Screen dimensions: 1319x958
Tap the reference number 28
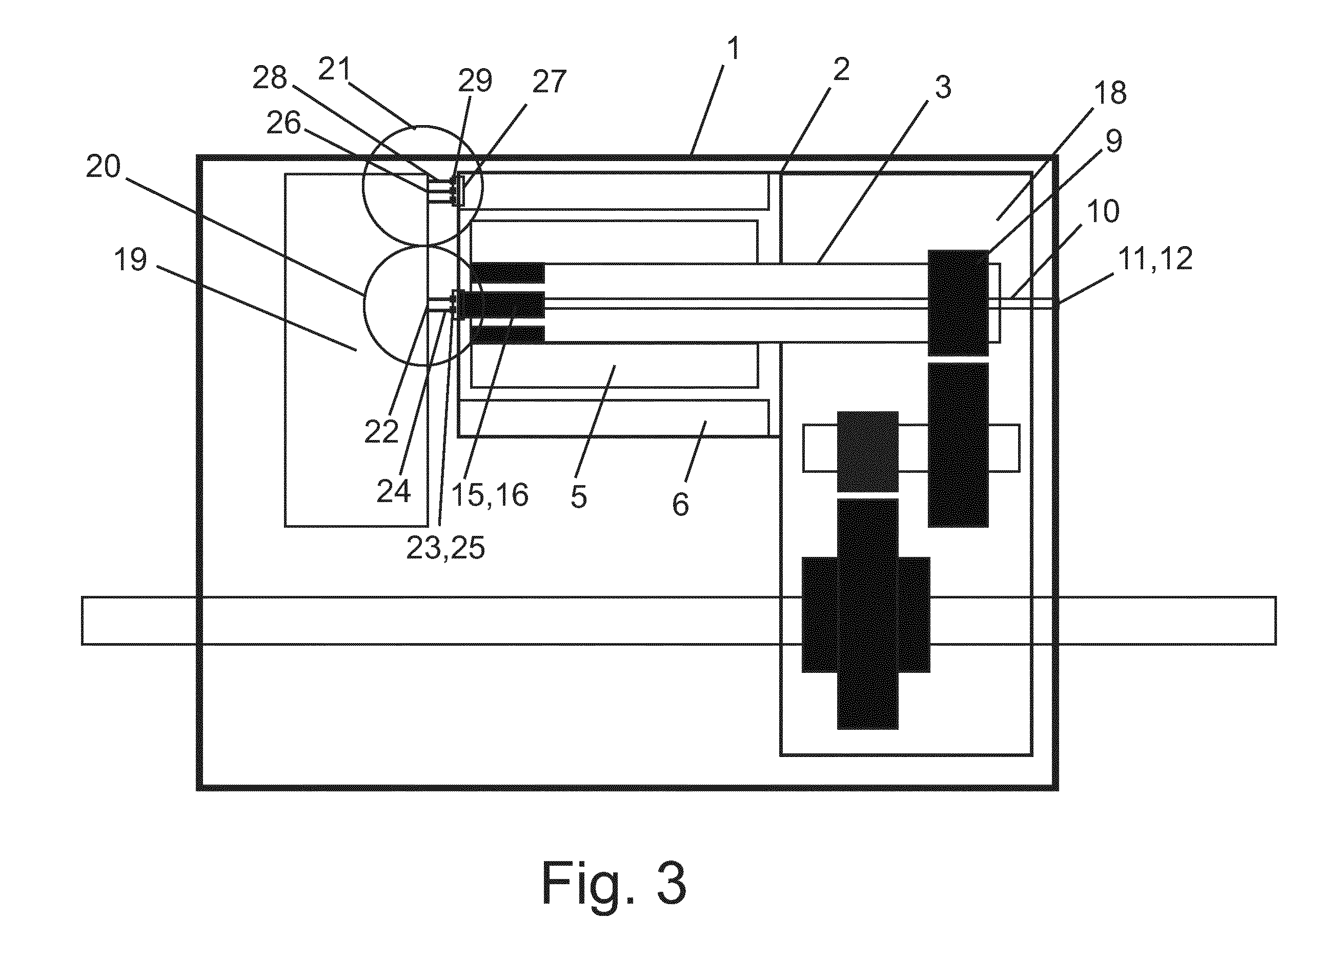pos(270,77)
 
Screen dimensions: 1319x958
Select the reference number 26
pos(284,123)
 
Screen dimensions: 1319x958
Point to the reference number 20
pos(104,166)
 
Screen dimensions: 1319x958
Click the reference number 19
pos(130,259)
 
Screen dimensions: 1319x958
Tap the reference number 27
pos(549,82)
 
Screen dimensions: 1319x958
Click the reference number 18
pos(1110,92)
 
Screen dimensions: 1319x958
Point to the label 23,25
pos(445,547)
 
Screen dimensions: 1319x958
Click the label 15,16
pos(490,495)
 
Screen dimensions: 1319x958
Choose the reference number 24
pos(394,490)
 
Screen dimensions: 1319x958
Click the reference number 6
pos(680,504)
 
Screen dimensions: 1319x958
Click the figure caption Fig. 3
pos(614,883)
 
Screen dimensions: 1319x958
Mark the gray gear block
pos(868,451)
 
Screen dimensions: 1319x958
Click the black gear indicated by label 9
pos(958,303)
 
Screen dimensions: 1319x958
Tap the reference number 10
pos(1103,211)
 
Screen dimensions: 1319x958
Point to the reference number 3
pos(943,87)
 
